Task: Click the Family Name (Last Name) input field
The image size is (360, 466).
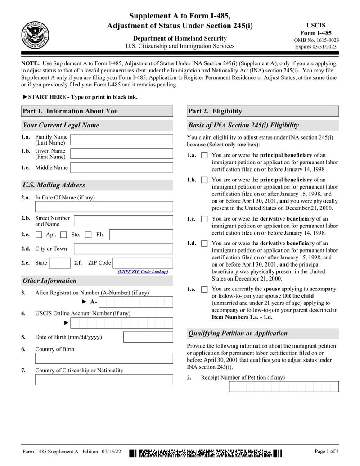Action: (121, 140)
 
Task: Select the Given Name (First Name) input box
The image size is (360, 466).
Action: (121, 154)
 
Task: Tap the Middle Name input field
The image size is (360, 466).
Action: (121, 168)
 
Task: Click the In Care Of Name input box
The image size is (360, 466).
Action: (104, 207)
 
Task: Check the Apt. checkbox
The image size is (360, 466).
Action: (39, 235)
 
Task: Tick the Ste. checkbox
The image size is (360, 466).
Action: (63, 235)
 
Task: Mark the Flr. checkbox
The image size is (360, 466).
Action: (88, 235)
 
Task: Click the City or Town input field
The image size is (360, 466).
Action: (123, 249)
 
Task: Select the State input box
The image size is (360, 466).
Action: (59, 263)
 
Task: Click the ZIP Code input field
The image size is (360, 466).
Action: (143, 263)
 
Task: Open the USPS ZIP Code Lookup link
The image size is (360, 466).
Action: (143, 271)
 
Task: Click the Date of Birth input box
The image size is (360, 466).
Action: (148, 337)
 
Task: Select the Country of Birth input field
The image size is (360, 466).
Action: (104, 358)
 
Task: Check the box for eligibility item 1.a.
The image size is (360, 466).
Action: (204, 155)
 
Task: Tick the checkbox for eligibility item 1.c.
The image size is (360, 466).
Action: (204, 219)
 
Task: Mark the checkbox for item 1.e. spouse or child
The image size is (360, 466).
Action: (204, 290)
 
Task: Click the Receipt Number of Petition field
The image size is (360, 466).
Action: (283, 387)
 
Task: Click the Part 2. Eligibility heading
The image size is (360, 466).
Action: (262, 111)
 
